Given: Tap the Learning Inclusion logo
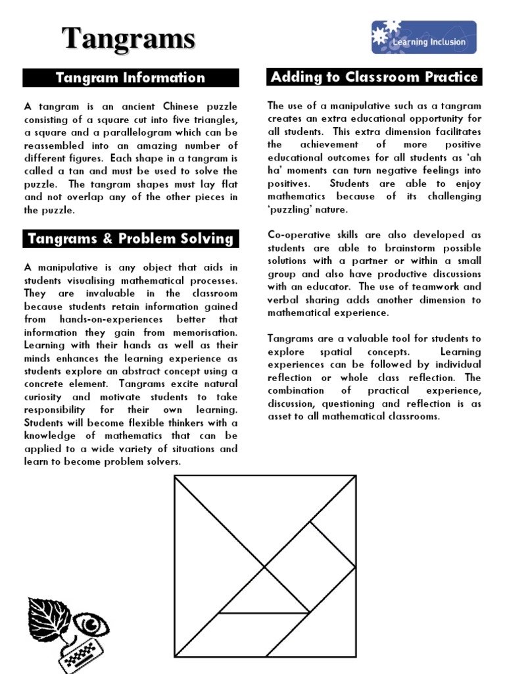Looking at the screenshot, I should tap(423, 38).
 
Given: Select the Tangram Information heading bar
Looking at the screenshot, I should tap(130, 78).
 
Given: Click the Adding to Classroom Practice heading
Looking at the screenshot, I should tap(374, 77).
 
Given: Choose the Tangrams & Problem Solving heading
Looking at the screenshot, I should tap(130, 238).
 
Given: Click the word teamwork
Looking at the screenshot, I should tap(430, 287).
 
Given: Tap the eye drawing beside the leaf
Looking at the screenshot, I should tap(88, 623).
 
